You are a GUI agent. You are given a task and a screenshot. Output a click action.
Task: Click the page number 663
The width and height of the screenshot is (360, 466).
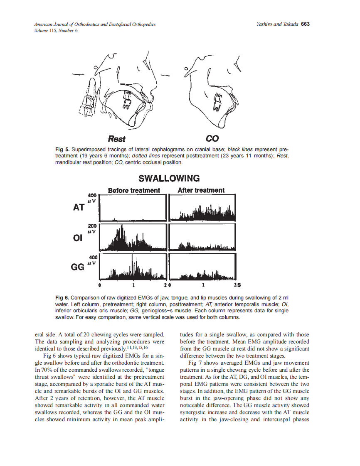tap(306, 24)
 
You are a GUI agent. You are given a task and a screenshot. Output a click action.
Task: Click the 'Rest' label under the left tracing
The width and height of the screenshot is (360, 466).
tap(116, 138)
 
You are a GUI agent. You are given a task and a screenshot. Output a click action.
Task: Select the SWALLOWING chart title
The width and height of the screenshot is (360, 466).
tap(169, 179)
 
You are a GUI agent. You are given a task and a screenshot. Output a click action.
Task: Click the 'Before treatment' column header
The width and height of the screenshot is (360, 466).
tap(134, 190)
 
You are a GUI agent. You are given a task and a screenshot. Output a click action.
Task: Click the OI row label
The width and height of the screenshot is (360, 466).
tap(77, 238)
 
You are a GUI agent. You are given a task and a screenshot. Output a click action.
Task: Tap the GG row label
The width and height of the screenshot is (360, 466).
tap(78, 267)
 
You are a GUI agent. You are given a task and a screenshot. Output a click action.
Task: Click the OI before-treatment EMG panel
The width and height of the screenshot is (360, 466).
tap(133, 238)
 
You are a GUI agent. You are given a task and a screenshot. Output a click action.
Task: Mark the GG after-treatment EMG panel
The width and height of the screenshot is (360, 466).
tap(203, 267)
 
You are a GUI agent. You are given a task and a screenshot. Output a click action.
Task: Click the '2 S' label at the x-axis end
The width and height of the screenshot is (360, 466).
tap(237, 286)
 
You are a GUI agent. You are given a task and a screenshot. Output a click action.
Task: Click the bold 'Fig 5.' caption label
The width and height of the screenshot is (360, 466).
tap(62, 149)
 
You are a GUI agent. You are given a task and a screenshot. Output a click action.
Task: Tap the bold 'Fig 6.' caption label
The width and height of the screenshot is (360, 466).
tap(62, 298)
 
